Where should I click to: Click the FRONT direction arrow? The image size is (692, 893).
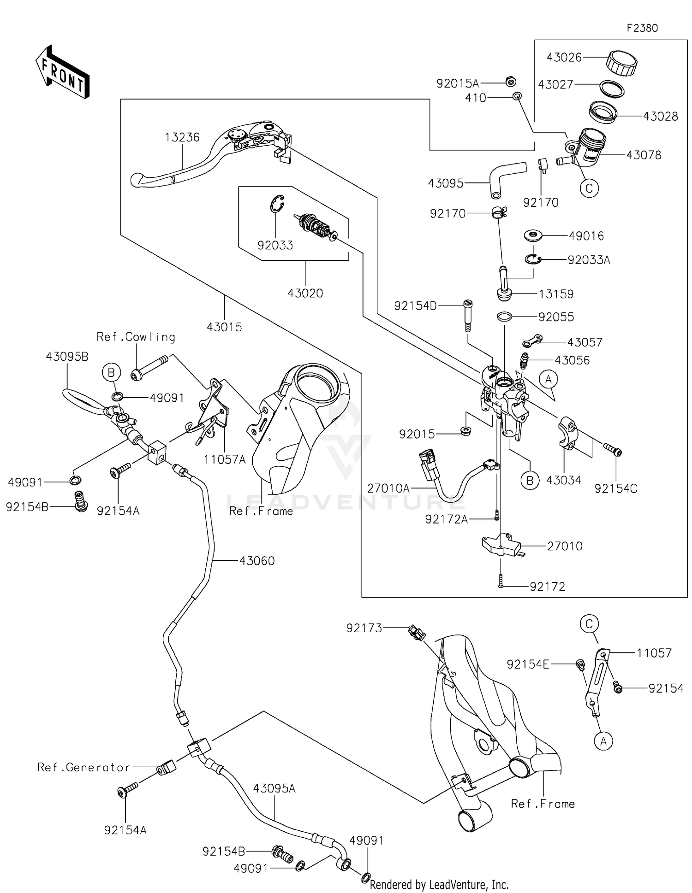pos(62,72)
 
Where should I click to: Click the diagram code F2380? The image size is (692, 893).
pos(642,28)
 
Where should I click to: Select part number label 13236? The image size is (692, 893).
pos(182,137)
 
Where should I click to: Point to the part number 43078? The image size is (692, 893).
pos(644,155)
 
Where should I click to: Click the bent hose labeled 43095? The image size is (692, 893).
pos(503,177)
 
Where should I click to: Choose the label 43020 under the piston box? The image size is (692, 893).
pos(305,293)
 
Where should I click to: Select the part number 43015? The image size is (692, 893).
pos(224,327)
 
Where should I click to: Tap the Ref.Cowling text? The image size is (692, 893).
pos(136,337)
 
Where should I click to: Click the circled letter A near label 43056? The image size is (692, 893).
pos(548,380)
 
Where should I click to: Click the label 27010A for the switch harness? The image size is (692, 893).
pos(388,488)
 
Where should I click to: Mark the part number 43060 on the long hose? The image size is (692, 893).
pos(257,561)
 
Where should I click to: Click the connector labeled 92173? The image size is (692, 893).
pos(417,633)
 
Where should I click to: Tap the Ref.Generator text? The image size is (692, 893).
pos(84,767)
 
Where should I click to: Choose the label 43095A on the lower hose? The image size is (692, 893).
pos(274,788)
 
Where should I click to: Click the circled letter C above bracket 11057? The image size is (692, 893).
pos(589,624)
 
